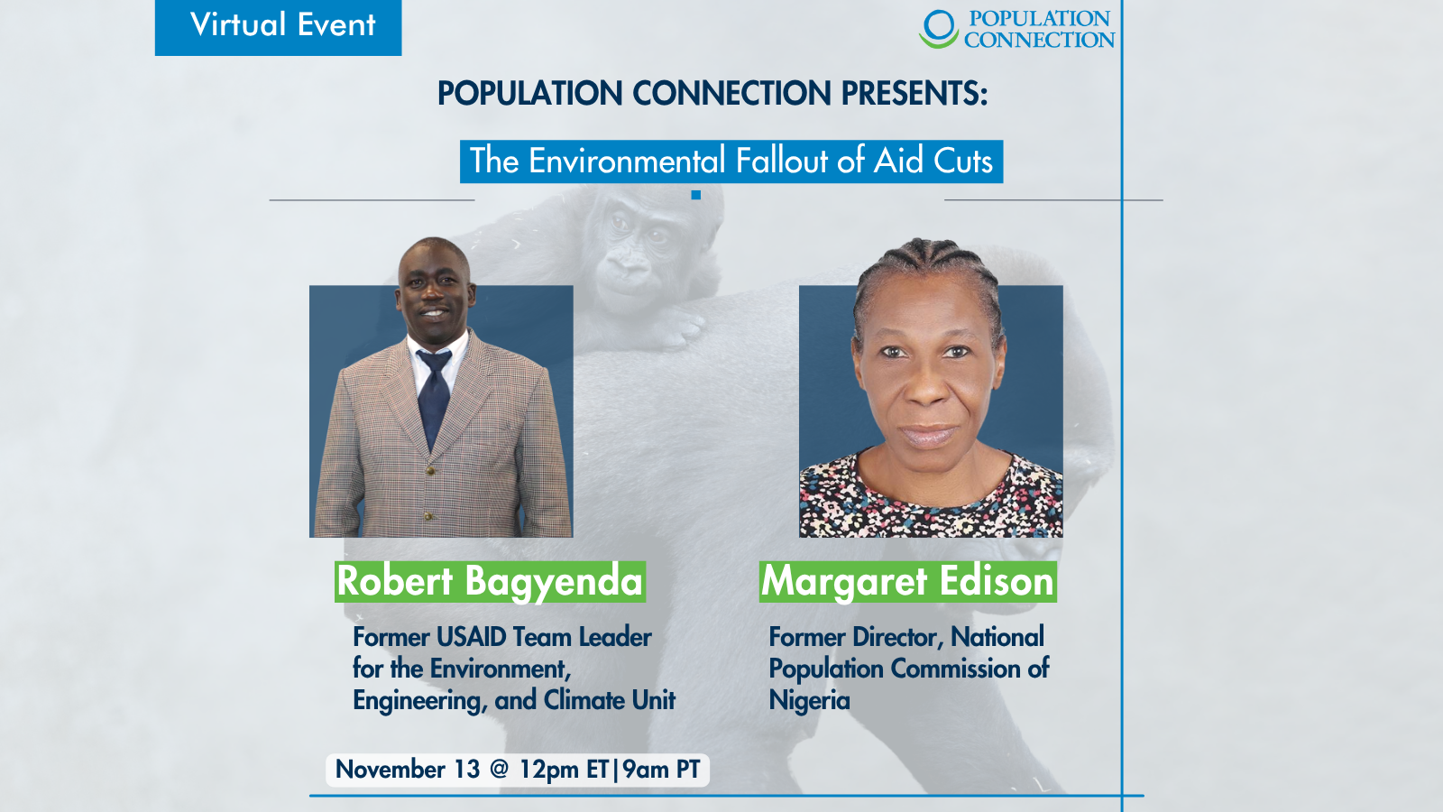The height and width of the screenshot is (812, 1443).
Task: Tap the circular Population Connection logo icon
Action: [938, 28]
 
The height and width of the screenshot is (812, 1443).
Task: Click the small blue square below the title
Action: [695, 195]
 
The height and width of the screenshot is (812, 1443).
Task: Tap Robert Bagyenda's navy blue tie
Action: [434, 397]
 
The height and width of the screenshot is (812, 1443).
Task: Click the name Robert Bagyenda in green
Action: [490, 581]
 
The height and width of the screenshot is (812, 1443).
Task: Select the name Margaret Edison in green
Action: [907, 581]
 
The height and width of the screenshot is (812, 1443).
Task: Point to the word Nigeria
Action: [809, 701]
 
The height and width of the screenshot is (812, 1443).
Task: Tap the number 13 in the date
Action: [466, 770]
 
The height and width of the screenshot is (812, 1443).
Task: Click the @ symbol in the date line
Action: [499, 770]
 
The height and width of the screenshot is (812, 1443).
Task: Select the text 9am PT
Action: [661, 770]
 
